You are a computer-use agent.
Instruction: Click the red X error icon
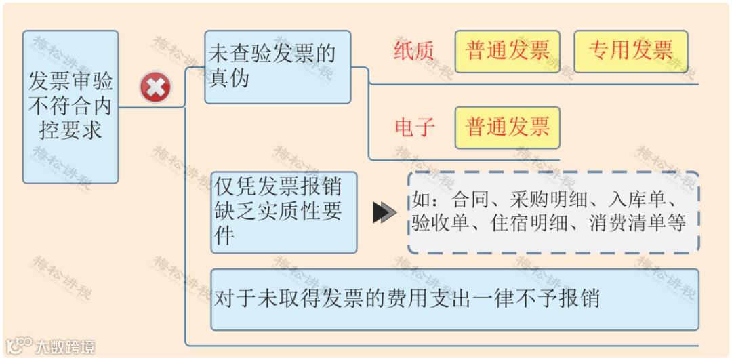tap(155, 87)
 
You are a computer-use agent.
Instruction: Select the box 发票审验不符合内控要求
tap(70, 106)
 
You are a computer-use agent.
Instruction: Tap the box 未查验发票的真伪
tap(277, 66)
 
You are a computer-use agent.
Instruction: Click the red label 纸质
tap(414, 52)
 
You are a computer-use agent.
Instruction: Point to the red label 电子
tap(414, 127)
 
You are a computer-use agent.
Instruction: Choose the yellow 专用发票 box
tap(630, 51)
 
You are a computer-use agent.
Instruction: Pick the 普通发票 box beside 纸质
tap(507, 51)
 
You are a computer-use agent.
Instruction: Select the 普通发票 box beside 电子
tap(507, 127)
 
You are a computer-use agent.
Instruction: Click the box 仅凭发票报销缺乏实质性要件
tap(283, 212)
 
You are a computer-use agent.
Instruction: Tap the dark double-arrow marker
tap(384, 213)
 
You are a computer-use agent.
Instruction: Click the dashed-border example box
tap(553, 212)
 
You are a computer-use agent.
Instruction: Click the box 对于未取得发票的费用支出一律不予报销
tap(454, 299)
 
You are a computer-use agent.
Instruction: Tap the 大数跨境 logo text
tap(64, 347)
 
